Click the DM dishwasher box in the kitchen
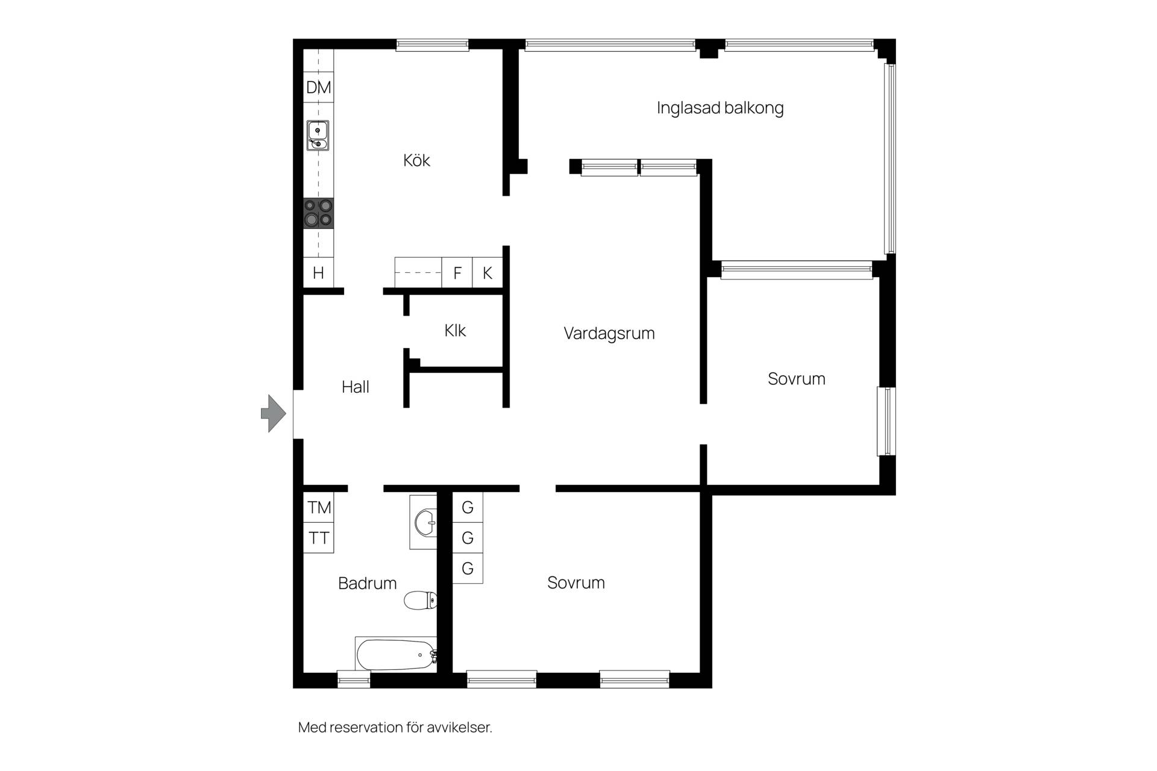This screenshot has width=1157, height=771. point(318,87)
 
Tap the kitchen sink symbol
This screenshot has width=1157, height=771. point(318,136)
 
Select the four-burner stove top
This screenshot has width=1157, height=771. point(318,213)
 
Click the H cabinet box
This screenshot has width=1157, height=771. point(318,273)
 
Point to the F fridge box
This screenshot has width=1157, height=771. point(457,273)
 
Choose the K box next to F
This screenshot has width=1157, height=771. point(488,273)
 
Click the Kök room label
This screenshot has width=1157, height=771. point(416,160)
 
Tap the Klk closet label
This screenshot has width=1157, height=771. point(455,330)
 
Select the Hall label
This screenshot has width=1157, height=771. point(356,387)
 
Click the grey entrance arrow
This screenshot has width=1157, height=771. point(274,413)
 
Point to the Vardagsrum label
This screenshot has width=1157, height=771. point(609,333)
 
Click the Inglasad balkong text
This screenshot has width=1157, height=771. point(720,108)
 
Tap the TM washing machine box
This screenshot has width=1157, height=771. point(319,508)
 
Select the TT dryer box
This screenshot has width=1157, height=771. point(319,538)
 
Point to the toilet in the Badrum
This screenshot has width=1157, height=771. point(420,600)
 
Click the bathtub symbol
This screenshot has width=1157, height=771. point(396,655)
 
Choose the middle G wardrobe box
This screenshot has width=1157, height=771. point(468,538)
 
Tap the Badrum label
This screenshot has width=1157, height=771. point(368,583)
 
